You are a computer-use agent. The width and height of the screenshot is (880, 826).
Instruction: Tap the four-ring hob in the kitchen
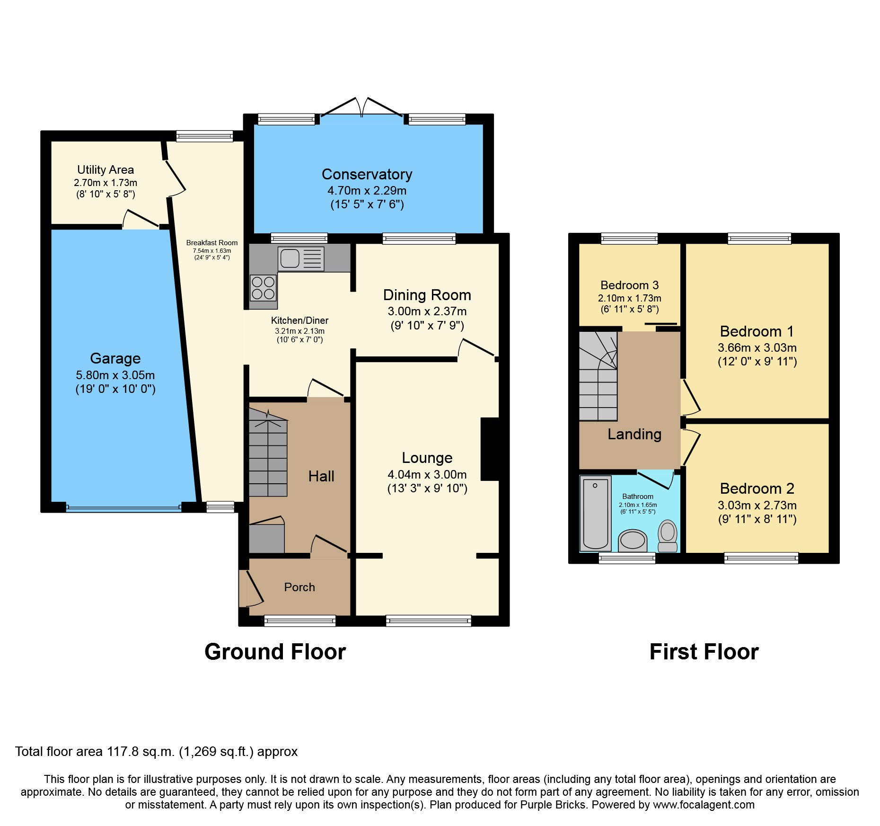(x=263, y=288)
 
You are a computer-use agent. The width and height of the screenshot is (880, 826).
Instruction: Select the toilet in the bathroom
(x=668, y=536)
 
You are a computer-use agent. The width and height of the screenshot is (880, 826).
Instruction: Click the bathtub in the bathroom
(x=595, y=513)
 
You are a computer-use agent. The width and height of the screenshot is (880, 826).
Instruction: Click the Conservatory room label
(x=367, y=174)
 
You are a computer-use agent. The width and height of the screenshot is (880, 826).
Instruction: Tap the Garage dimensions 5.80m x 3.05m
(x=115, y=375)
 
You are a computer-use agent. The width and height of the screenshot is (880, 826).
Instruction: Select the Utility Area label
(x=105, y=169)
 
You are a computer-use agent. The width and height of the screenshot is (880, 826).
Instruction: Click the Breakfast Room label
(x=211, y=242)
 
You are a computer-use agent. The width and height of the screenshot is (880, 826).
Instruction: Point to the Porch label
(x=299, y=587)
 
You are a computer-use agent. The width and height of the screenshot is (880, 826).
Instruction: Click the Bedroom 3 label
(x=629, y=285)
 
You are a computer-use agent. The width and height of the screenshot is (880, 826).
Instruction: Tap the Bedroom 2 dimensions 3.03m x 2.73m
(x=757, y=505)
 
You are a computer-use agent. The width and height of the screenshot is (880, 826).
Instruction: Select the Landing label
(x=634, y=434)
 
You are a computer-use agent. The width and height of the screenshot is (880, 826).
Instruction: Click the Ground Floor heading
(x=275, y=652)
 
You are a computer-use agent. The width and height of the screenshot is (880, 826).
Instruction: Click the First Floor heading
(x=704, y=652)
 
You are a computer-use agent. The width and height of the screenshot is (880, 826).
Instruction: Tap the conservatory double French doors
(x=362, y=109)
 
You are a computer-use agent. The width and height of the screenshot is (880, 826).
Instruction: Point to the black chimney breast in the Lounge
(x=490, y=449)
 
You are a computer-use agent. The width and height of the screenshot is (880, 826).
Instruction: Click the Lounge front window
(x=429, y=620)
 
